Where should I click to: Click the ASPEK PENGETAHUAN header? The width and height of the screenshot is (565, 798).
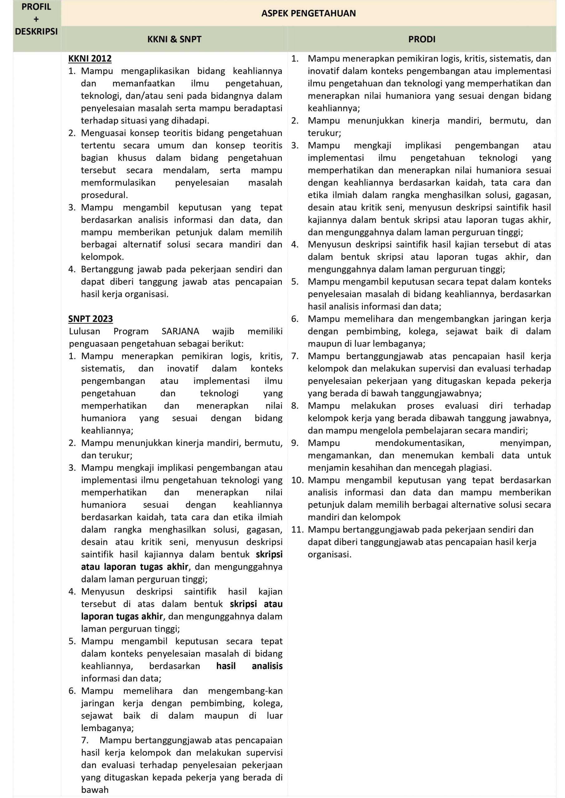(308, 14)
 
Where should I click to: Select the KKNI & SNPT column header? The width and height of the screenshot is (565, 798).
(174, 39)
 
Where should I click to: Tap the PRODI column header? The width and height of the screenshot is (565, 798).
(422, 39)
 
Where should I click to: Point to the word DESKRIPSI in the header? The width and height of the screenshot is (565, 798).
(36, 32)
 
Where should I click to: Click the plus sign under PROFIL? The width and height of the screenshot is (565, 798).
(36, 19)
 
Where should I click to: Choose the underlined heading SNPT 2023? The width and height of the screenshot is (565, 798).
(90, 319)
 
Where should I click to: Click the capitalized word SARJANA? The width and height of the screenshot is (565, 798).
(180, 331)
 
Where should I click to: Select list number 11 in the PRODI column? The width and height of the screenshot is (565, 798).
(297, 530)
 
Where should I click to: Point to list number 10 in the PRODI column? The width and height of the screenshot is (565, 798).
(297, 480)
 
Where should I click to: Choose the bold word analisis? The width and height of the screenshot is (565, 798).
(267, 666)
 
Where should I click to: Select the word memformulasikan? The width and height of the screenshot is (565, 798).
(118, 183)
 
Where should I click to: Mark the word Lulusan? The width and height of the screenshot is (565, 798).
(85, 331)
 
